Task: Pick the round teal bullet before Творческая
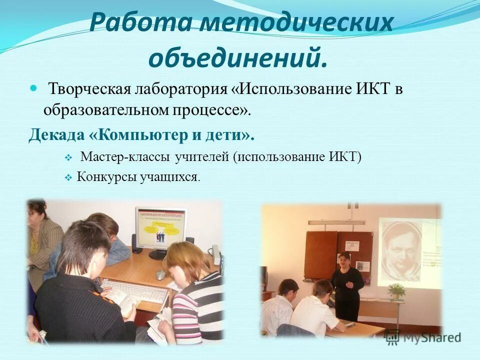pyautogui.click(x=34, y=88)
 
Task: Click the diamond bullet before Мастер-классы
pyautogui.click(x=68, y=158)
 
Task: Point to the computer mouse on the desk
pyautogui.click(x=160, y=274)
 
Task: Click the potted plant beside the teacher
pyautogui.click(x=396, y=290)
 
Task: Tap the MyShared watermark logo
pyautogui.click(x=422, y=337)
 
